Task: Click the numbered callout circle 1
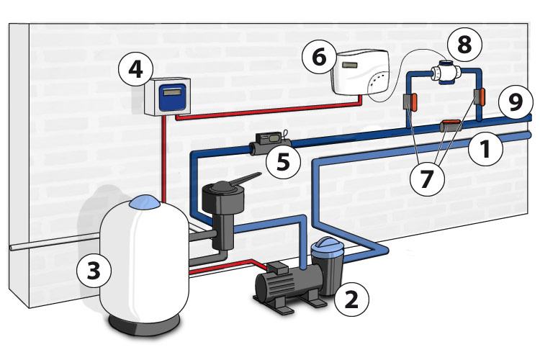[x=485, y=149]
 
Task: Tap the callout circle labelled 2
[x=351, y=297]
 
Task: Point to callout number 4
[x=135, y=71]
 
